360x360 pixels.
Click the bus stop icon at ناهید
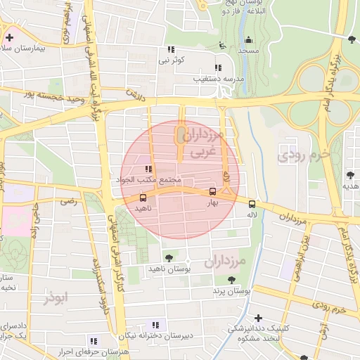[x=143, y=198]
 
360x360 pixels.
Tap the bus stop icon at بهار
[x=212, y=192]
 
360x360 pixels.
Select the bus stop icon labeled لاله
[x=252, y=204]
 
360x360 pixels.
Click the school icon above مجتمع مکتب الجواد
[x=148, y=169]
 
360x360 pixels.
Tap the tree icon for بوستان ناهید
[x=167, y=257]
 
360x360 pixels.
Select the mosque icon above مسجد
[x=248, y=39]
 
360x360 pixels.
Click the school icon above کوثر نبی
[x=170, y=50]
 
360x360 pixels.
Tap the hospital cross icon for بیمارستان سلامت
[x=9, y=37]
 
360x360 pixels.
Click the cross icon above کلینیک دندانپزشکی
[x=259, y=318]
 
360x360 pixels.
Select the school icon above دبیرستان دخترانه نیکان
[x=155, y=325]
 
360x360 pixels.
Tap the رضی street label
[x=68, y=201]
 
